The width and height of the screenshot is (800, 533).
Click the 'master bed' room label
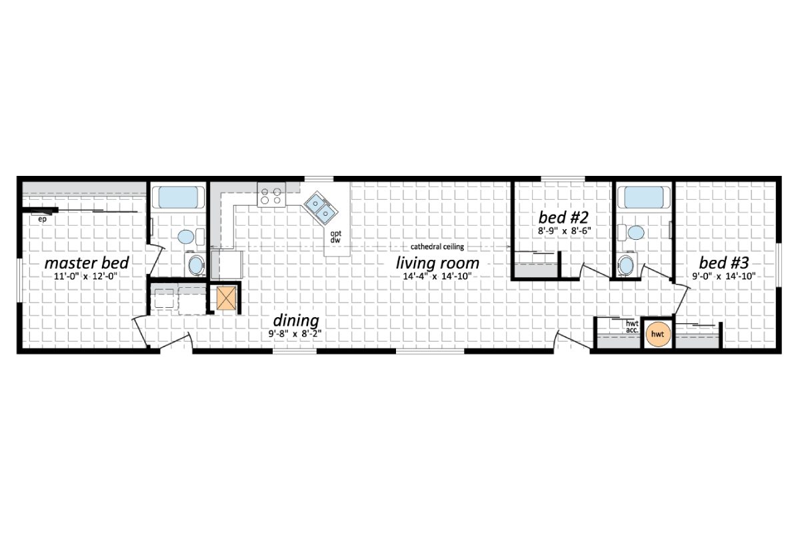coord(87,262)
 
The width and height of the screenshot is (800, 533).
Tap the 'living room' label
coord(437,262)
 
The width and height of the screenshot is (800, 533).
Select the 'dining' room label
coord(295,320)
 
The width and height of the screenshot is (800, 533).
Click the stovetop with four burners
coord(271,194)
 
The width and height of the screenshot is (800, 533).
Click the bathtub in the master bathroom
coord(177,198)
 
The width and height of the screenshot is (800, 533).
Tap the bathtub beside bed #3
coord(643,198)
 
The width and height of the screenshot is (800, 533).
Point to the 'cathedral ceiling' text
coord(437,247)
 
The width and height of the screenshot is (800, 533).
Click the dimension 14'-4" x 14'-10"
coord(437,276)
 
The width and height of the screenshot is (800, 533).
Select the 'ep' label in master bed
coord(41,218)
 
